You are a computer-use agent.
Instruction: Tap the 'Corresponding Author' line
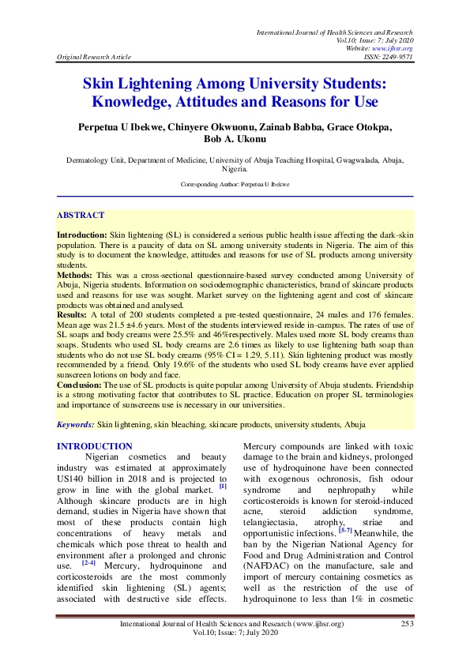point(235,183)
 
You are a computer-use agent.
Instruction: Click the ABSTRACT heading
point(81,215)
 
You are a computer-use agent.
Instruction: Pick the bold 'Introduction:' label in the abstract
point(82,235)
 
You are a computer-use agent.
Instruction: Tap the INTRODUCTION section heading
point(95,447)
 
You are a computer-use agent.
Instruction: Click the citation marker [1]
point(223,486)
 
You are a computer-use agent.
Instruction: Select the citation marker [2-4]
point(88,541)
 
